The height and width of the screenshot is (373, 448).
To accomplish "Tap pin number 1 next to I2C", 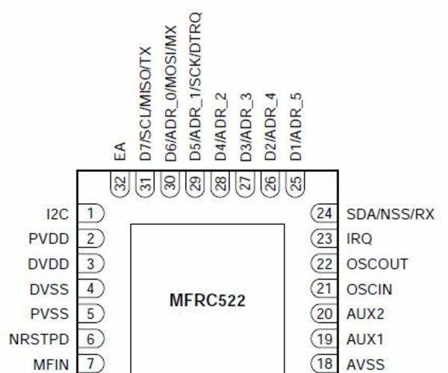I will [91, 214].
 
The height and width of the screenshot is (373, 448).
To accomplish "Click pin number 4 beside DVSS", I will [91, 288].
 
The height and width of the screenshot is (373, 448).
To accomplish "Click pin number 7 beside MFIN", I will [91, 363].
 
